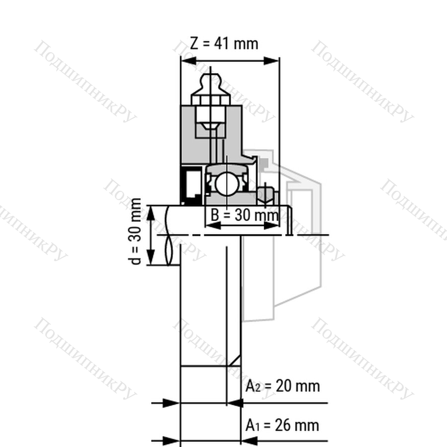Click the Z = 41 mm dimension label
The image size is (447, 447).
tap(224, 44)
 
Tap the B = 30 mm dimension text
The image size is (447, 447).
tap(244, 215)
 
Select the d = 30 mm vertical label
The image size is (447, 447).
tap(136, 231)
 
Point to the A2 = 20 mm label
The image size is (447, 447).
tap(283, 386)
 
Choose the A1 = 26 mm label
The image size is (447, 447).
tap(282, 425)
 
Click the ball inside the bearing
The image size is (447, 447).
tap(226, 184)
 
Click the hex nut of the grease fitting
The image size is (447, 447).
tap(211, 100)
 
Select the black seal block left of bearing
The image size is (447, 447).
tap(192, 185)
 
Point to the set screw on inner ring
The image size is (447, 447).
tap(265, 195)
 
